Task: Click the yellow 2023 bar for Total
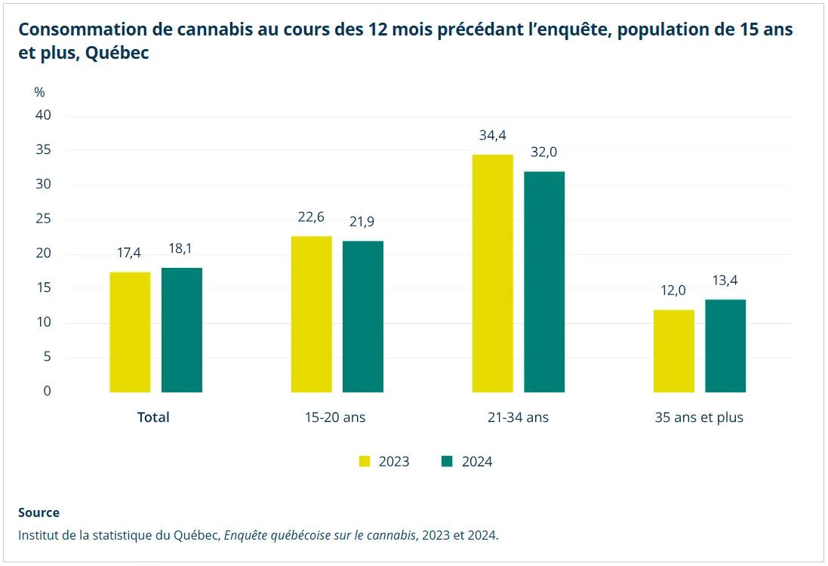130,332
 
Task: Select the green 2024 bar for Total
181,330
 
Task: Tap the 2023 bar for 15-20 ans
311,314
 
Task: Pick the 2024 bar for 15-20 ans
363,316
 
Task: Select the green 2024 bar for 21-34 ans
544,281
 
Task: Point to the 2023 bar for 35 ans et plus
673,351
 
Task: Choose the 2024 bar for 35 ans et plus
725,346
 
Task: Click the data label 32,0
544,152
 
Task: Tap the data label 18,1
181,248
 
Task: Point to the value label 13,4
725,281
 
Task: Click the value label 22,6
311,217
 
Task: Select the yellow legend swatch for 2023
365,461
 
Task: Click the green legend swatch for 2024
447,461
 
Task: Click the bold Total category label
153,417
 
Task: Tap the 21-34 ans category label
518,417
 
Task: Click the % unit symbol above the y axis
39,92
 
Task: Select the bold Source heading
38,512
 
